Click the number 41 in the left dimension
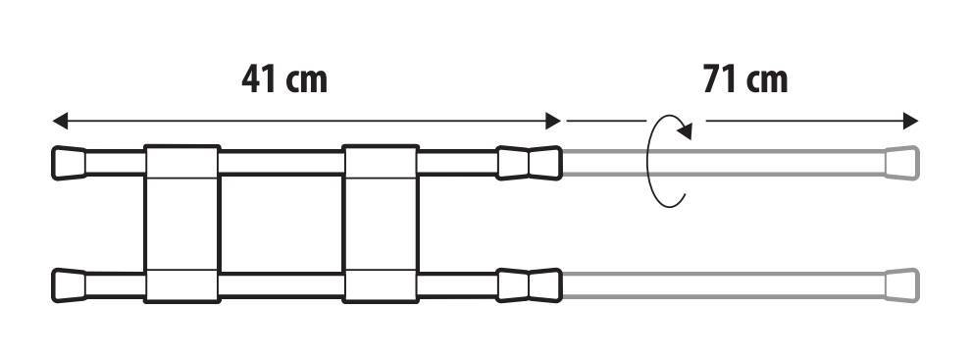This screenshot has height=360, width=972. pos(259,78)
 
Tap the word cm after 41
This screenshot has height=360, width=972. pos(306,80)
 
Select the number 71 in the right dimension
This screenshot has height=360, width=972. pos(721,78)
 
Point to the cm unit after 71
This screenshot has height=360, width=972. pos(767,80)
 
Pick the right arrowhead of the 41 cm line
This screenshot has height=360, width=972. pos(553,122)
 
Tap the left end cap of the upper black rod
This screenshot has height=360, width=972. pos(69,162)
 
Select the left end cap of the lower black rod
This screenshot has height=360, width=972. pos(69,285)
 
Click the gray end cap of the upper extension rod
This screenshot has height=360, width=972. pos(902,162)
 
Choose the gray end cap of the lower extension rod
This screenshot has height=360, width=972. pos(902,285)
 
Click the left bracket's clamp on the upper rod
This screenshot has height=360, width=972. pos(181,162)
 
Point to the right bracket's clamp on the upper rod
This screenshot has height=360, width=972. pos(381,162)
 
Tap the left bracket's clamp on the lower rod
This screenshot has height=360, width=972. pos(181,285)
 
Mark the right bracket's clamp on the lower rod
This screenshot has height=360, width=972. pos(381,285)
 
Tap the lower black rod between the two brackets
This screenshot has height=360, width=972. pos(281,285)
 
